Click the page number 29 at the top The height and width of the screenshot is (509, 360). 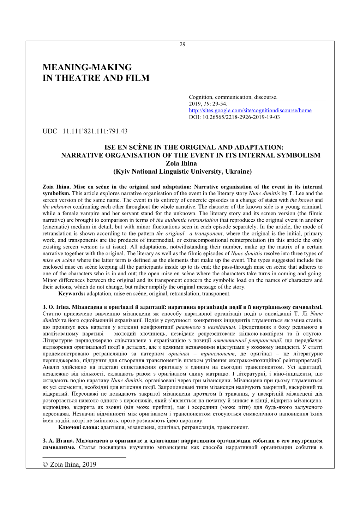pyautogui.click(x=182, y=44)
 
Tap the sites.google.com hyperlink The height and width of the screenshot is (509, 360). pyautogui.click(x=250, y=110)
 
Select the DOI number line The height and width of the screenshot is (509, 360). pyautogui.click(x=234, y=117)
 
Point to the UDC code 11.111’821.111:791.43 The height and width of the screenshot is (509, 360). pyautogui.click(x=95, y=131)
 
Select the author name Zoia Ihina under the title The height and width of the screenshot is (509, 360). pyautogui.click(x=181, y=163)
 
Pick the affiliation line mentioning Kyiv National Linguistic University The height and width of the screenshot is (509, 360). pyautogui.click(x=182, y=172)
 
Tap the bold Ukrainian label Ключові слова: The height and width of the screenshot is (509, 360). pyautogui.click(x=79, y=427)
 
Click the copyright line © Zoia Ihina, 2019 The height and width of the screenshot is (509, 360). pyautogui.click(x=69, y=465)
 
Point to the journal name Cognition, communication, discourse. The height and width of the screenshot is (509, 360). pyautogui.click(x=233, y=97)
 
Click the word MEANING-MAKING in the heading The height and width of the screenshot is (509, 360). pyautogui.click(x=87, y=67)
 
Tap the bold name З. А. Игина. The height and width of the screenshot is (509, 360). pyautogui.click(x=58, y=441)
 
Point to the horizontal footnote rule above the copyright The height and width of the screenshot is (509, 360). pyautogui.click(x=84, y=457)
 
